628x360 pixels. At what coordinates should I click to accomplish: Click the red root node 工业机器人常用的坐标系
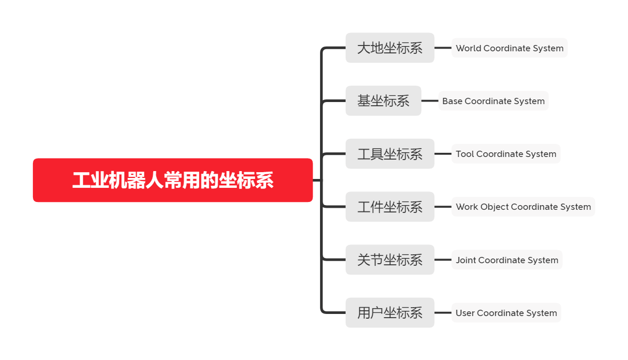tap(173, 180)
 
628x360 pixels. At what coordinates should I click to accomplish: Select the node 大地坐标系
tap(390, 48)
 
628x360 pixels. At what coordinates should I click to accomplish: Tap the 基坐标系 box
tap(383, 101)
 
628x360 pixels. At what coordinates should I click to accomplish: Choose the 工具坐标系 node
tap(390, 154)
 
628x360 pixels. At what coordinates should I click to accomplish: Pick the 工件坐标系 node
tap(390, 207)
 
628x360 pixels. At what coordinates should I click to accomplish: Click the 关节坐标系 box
tap(390, 260)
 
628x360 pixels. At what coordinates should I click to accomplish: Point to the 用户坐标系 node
tap(390, 312)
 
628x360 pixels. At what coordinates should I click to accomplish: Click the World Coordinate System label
tap(509, 48)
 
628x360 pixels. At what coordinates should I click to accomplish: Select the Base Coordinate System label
tap(494, 101)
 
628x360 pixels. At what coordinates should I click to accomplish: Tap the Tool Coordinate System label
tap(506, 154)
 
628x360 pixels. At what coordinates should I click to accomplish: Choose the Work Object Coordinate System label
tap(523, 207)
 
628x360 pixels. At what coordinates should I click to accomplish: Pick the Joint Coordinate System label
tap(507, 260)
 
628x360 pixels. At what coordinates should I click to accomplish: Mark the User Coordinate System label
tap(506, 312)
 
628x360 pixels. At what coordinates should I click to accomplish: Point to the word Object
tap(494, 207)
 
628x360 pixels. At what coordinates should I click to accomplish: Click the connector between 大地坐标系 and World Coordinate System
tap(443, 48)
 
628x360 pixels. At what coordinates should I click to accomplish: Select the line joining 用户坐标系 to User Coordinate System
tap(443, 312)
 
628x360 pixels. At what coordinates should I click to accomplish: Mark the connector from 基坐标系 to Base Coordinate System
tap(430, 101)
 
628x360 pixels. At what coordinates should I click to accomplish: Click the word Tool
tap(465, 154)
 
